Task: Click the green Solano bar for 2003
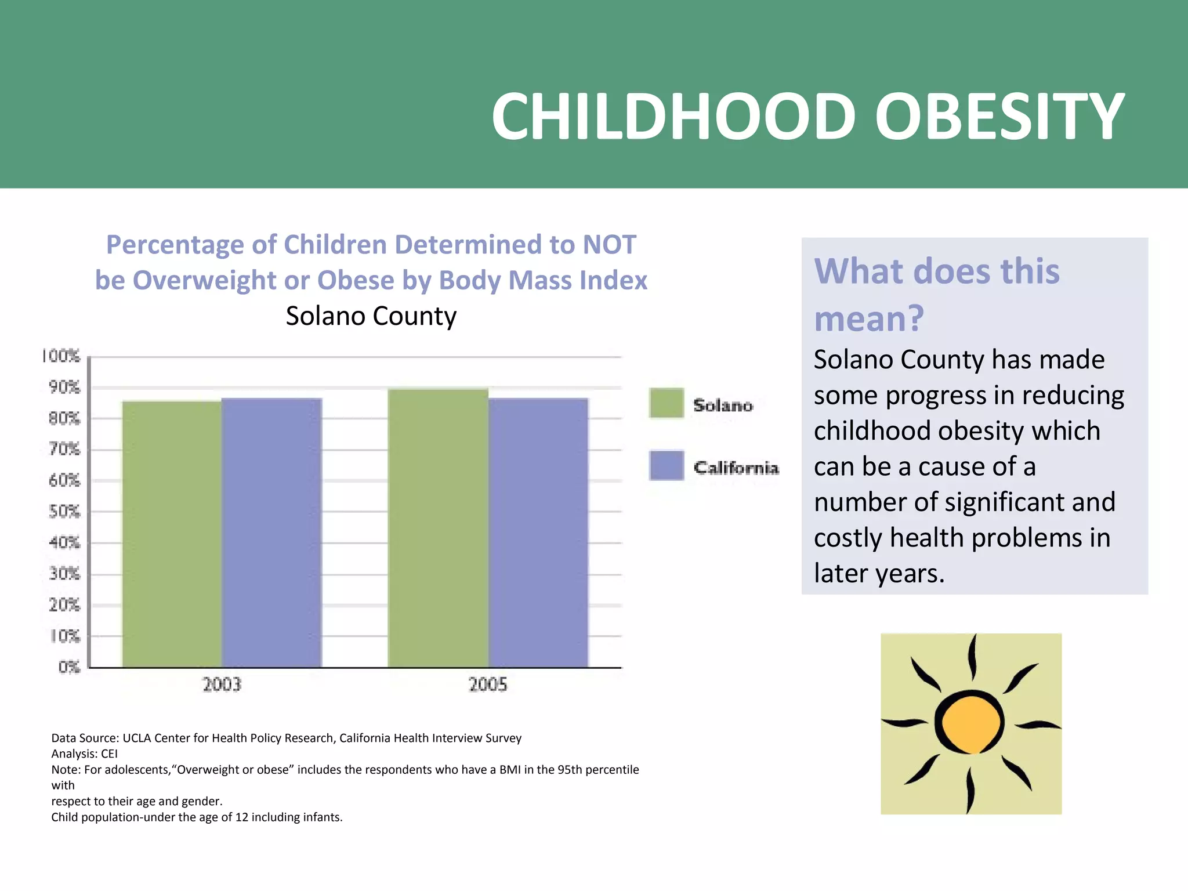point(172,534)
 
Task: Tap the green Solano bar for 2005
point(438,528)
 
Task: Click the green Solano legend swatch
point(667,403)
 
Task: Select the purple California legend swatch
point(667,465)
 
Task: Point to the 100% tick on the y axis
point(61,356)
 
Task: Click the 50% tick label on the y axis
point(64,512)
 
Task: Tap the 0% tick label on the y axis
point(69,667)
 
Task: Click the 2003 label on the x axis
point(222,684)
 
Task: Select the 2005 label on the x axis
point(488,684)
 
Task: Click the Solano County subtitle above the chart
point(371,316)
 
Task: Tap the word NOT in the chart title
point(609,245)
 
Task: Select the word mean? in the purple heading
point(868,318)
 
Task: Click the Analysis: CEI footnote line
point(85,754)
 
